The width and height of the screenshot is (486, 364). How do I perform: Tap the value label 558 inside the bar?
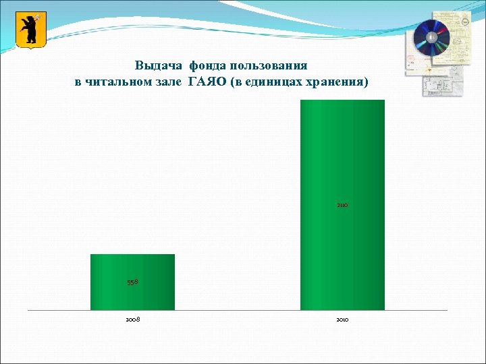pyautogui.click(x=132, y=282)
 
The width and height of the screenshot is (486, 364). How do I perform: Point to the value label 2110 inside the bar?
pyautogui.click(x=342, y=204)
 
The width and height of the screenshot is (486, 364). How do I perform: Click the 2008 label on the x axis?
pyautogui.click(x=132, y=319)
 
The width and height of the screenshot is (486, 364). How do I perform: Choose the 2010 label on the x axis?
pyautogui.click(x=342, y=319)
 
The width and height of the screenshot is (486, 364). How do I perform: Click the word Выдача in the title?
pyautogui.click(x=159, y=66)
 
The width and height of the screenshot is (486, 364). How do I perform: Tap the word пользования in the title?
pyautogui.click(x=269, y=66)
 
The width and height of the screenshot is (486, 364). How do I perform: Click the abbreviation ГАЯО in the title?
pyautogui.click(x=208, y=82)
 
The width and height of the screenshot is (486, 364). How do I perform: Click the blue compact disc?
pyautogui.click(x=431, y=38)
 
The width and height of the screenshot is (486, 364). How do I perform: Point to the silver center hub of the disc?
pyautogui.click(x=431, y=38)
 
